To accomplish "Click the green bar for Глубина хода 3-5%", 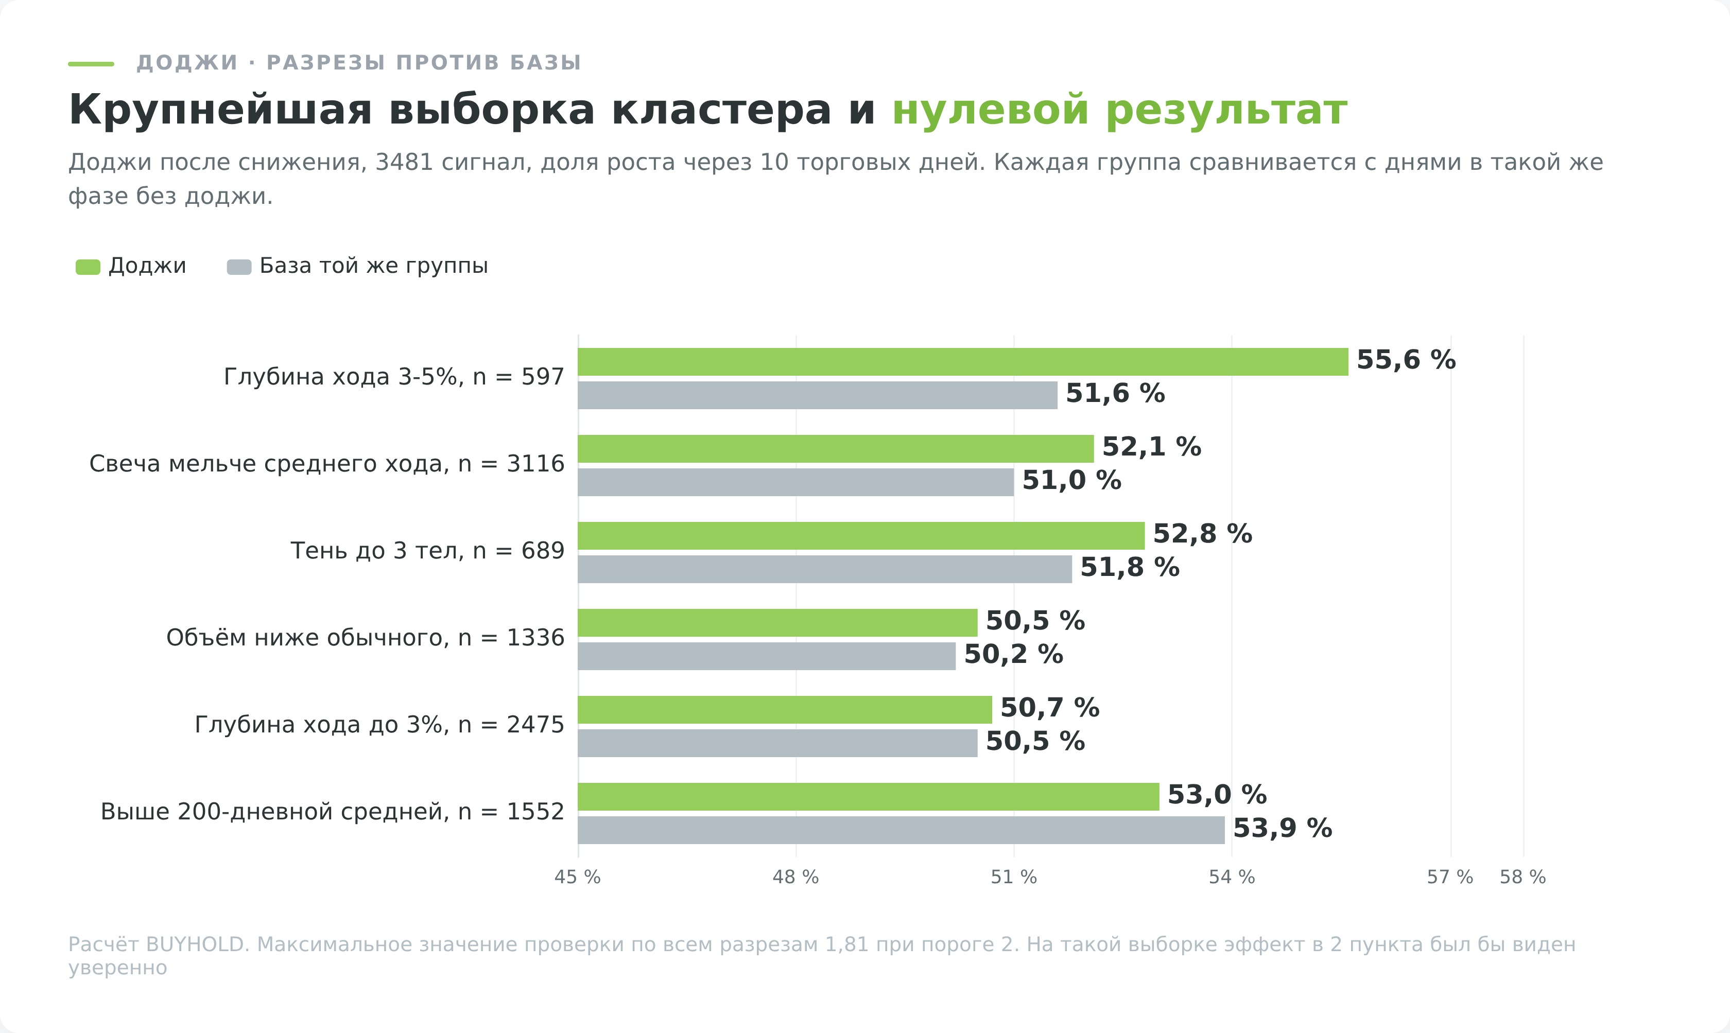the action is (963, 362).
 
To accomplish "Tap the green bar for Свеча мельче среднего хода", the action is (836, 449).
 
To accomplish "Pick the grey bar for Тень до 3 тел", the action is (825, 569).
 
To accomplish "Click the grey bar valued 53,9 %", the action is (901, 830).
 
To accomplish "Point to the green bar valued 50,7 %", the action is (785, 710).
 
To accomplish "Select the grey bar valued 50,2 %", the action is (767, 656).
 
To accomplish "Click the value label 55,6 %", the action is (1406, 360).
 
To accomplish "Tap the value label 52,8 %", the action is (1202, 534).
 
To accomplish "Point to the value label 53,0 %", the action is (1217, 794).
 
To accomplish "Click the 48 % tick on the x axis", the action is (795, 877).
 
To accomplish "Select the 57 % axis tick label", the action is (1450, 877).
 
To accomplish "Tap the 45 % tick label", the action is (577, 877).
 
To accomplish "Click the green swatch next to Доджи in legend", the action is (88, 267).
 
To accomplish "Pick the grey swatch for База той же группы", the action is (239, 267).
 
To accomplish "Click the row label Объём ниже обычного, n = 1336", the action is (365, 638).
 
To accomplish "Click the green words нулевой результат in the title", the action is (1119, 111).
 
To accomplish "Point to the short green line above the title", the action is (91, 64).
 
